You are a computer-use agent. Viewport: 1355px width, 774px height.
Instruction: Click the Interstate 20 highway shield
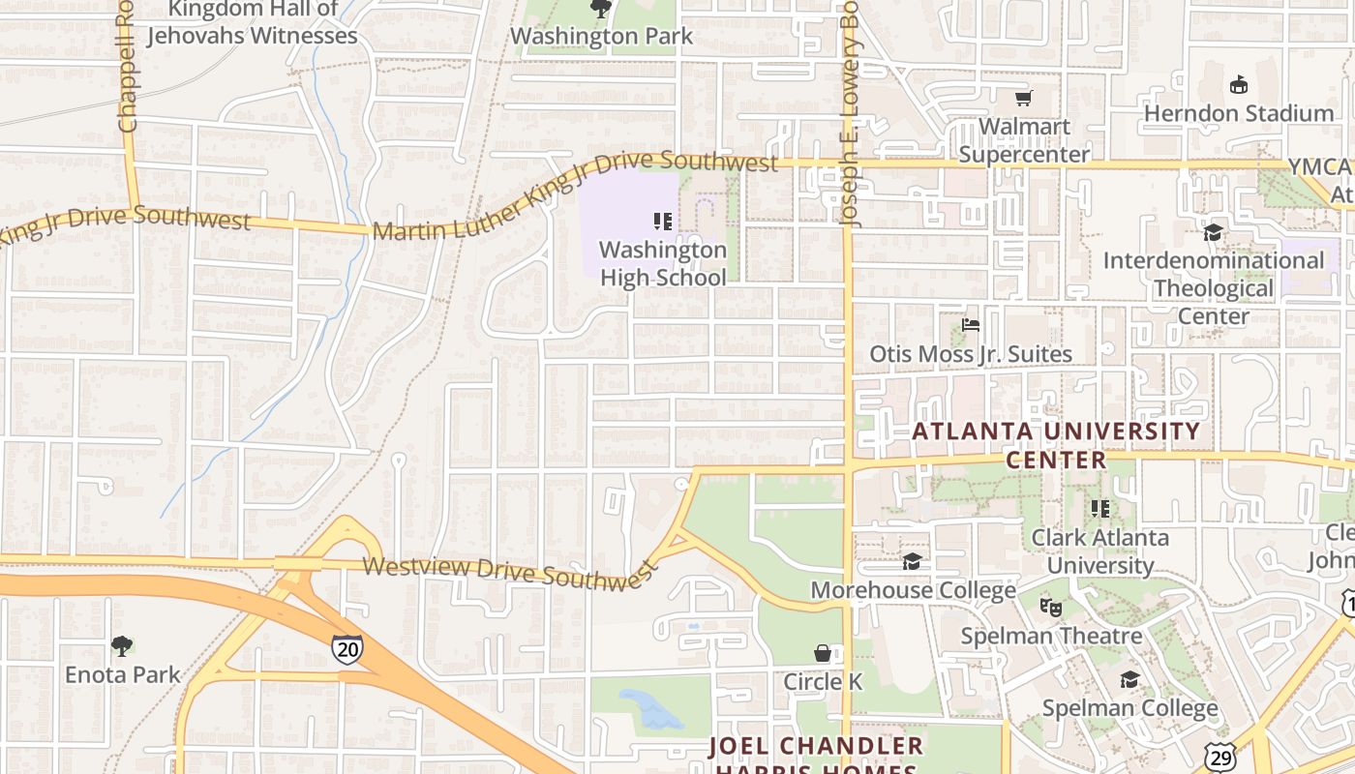pos(346,649)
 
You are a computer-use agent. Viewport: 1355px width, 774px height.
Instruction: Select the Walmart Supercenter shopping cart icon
pos(1023,98)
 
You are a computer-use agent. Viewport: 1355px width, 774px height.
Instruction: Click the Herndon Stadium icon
pos(1238,85)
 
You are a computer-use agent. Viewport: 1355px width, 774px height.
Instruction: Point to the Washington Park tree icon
pos(601,10)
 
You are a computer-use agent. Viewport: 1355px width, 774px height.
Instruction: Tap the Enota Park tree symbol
pos(122,645)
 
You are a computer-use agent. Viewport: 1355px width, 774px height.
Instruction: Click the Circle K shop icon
pos(822,653)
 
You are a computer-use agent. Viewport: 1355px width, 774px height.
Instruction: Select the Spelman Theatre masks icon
pos(1050,608)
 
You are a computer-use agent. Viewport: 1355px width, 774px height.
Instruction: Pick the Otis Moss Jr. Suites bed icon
pos(971,325)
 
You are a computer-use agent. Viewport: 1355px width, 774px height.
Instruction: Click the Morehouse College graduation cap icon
pos(912,561)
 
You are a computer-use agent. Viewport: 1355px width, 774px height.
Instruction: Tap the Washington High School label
pos(663,263)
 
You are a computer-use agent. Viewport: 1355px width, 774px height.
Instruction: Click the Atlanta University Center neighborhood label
pos(1056,445)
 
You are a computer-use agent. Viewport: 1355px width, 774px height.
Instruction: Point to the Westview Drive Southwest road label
pos(509,572)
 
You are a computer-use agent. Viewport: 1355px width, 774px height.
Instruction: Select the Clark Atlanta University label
pos(1100,551)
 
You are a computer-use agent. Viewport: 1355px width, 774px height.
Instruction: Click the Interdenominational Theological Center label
pos(1214,288)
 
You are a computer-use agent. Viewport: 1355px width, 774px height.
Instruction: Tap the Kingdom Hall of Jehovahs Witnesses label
pos(253,23)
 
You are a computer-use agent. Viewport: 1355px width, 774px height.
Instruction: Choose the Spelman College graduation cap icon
pos(1129,679)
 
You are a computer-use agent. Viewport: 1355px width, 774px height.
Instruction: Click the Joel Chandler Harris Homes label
pos(816,755)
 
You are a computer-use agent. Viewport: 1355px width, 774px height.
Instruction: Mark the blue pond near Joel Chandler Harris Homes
pos(650,709)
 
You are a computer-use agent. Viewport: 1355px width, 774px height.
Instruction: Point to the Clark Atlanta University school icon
pos(1100,508)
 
